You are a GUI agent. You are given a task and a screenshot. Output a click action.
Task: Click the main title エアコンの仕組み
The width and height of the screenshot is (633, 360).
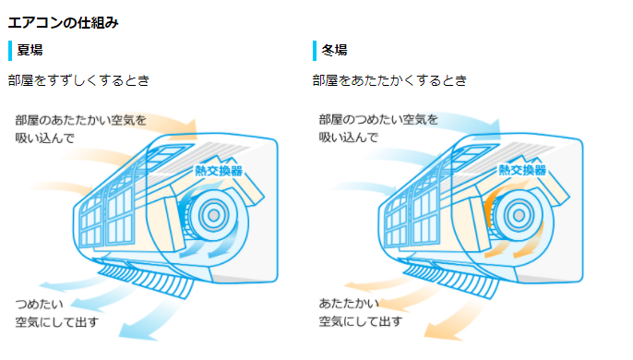coord(63,22)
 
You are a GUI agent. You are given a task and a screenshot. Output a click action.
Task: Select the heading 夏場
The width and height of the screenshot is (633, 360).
coord(30,50)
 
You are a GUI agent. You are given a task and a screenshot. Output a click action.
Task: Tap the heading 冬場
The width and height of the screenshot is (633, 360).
coord(334,50)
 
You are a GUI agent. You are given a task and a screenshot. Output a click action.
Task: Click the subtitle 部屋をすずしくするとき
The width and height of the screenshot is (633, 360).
coord(78,80)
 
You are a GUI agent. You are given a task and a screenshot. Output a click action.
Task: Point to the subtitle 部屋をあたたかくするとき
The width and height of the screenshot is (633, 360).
coord(389,80)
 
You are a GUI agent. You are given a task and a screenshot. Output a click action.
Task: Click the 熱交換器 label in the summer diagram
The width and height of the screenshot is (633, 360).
coord(219,171)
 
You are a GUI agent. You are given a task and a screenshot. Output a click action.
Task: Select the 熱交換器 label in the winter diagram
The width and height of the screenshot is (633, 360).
coord(522,170)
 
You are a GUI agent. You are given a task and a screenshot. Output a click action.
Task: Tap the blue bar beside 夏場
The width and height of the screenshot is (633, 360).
coord(10,51)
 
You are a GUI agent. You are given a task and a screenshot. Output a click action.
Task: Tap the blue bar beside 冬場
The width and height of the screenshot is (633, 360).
coord(315,51)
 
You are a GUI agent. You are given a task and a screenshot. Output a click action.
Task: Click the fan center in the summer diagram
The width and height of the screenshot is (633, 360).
coord(213,216)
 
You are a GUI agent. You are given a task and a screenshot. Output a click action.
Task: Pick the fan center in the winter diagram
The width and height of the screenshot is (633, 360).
coord(519,215)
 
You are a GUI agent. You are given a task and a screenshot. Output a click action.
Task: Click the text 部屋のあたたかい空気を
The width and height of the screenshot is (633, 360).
coord(81,120)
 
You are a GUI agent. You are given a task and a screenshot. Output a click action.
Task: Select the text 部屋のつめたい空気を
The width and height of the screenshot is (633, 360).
coord(378,119)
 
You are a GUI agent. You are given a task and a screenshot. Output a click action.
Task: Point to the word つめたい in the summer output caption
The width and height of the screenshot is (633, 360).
coord(39,304)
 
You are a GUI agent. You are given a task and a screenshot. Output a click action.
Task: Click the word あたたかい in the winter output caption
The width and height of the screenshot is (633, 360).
coord(349,303)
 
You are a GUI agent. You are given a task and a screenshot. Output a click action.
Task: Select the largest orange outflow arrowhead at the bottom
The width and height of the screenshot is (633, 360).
coord(440,332)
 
